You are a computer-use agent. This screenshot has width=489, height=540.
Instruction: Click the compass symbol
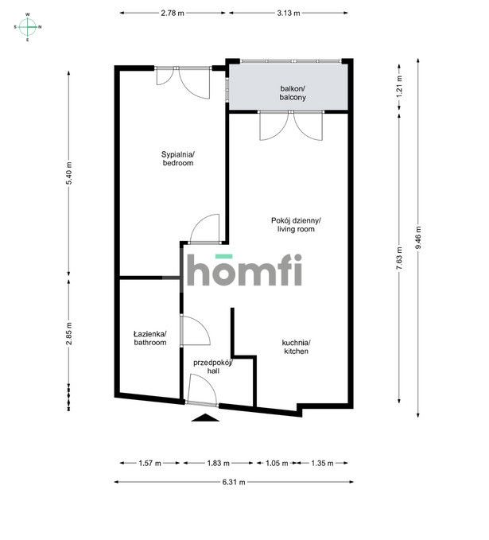pyautogui.click(x=28, y=26)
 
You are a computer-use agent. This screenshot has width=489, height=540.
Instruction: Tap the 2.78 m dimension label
pyautogui.click(x=173, y=13)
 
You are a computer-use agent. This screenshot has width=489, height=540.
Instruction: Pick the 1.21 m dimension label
pyautogui.click(x=399, y=86)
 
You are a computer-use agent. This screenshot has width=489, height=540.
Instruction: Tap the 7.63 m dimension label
pyautogui.click(x=399, y=255)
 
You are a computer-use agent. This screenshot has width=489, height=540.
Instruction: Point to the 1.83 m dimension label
pyautogui.click(x=218, y=463)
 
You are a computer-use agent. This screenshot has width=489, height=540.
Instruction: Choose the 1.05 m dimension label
pyautogui.click(x=272, y=463)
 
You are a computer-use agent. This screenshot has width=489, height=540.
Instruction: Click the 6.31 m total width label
pyautogui.click(x=233, y=482)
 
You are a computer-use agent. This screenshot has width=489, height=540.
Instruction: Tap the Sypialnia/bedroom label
pyautogui.click(x=177, y=158)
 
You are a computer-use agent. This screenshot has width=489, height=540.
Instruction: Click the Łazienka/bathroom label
pyautogui.click(x=149, y=338)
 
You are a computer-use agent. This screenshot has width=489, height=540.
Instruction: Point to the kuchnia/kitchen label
pyautogui.click(x=295, y=347)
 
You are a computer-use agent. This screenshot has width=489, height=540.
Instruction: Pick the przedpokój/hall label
pyautogui.click(x=212, y=366)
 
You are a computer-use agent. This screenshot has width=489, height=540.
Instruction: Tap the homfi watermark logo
pyautogui.click(x=244, y=270)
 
